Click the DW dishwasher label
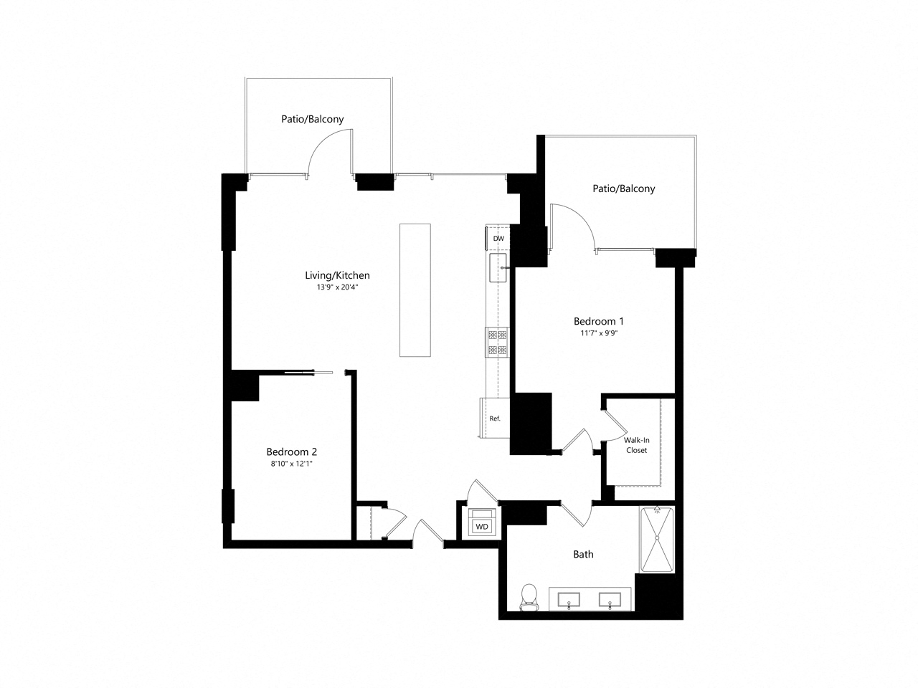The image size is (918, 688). pos(498,238)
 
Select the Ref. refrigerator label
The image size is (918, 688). pos(494,419)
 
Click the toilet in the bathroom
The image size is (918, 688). pos(529,597)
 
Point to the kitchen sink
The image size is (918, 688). pos(498,268)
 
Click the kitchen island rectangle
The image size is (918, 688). pos(415,290)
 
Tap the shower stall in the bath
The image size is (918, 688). pos(656,540)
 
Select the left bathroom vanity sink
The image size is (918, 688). pos(570,599)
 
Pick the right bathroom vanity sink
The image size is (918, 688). pos(610,599)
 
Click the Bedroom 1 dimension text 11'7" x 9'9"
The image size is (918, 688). pos(598,333)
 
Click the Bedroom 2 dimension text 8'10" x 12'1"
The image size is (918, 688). pos(291,464)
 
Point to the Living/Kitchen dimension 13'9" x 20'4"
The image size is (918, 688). pos(337,287)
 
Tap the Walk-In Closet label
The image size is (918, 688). pos(636,445)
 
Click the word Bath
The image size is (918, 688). pos(583,554)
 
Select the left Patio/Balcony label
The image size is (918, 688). pos(312,119)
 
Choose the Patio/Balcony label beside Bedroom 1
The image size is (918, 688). pos(623,188)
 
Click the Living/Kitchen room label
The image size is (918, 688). pos(337,275)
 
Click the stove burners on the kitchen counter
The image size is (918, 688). pos(497,342)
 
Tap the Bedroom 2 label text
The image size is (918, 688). pos(291,451)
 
